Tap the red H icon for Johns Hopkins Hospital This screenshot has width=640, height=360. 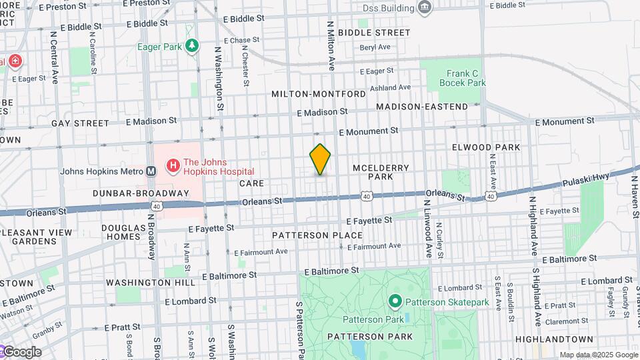173,164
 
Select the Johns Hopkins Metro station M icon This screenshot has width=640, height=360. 151,171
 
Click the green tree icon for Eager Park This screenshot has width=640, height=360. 193,46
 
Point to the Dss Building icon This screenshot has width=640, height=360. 424,8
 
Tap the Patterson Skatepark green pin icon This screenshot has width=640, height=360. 395,302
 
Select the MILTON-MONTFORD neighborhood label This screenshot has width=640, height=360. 319,94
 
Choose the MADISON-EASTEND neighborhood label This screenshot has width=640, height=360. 422,107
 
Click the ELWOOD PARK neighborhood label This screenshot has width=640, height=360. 485,147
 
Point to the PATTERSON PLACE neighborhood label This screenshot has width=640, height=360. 317,235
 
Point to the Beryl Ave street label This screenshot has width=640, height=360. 375,47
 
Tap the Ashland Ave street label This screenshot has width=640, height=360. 391,87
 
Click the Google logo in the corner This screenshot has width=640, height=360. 21,352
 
